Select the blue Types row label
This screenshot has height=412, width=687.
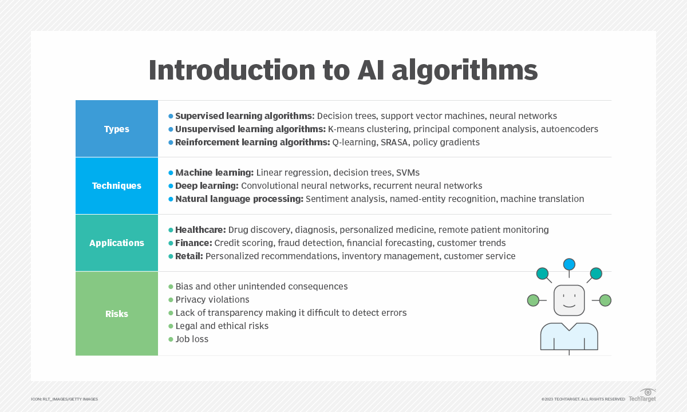tap(117, 129)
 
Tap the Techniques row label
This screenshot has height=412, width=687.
tap(117, 186)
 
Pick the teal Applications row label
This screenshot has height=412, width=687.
tap(117, 243)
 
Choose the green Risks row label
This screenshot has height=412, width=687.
tap(117, 314)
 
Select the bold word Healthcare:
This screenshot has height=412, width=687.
tap(200, 229)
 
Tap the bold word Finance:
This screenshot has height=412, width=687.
tap(194, 243)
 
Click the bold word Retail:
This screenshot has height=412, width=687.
tap(189, 256)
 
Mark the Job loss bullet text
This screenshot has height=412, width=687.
tap(192, 339)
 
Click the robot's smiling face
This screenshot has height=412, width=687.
tap(569, 300)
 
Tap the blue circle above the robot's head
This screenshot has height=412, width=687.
tap(569, 264)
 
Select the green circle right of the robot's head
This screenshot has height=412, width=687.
tap(605, 300)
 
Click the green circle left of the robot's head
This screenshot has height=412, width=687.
tap(533, 300)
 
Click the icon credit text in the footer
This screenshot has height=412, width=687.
tap(64, 399)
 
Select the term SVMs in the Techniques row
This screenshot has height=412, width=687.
tap(408, 172)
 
